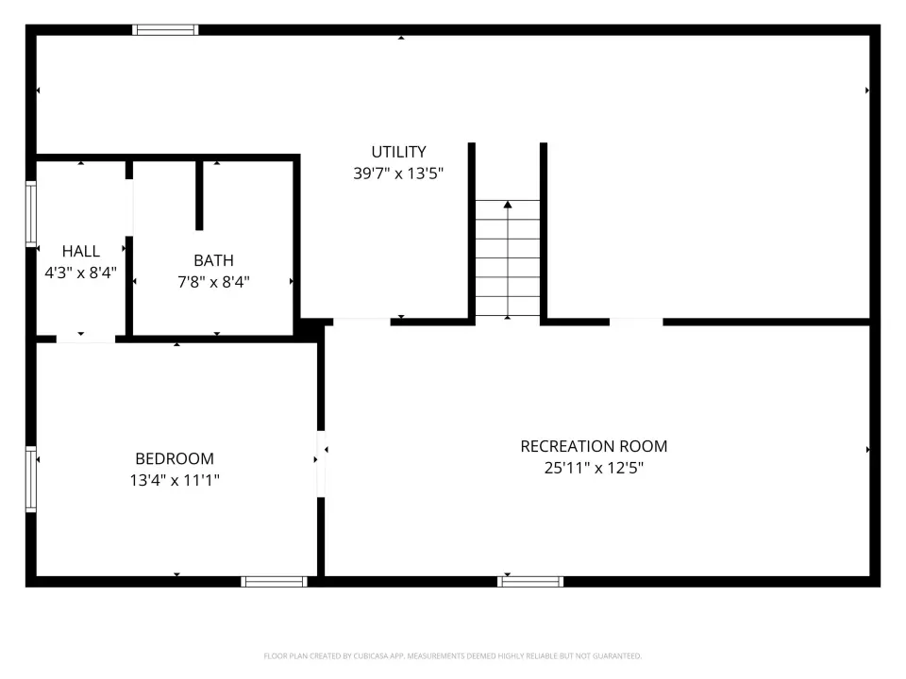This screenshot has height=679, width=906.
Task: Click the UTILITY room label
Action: pos(398,152)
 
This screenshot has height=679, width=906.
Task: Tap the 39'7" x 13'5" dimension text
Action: pos(398,174)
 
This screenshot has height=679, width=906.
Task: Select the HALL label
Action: pos(81,251)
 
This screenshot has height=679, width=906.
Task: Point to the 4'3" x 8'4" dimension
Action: pos(81,273)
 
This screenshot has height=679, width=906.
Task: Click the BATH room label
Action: pos(214,260)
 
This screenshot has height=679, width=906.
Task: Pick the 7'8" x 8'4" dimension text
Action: pos(214,282)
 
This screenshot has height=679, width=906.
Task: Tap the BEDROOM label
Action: pos(175,458)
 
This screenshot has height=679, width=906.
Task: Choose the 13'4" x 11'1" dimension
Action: pos(175,480)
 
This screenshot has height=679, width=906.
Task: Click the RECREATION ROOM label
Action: pos(594,446)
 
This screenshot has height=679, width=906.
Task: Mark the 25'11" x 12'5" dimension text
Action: pos(594,468)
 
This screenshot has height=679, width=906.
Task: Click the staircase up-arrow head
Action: pos(508,205)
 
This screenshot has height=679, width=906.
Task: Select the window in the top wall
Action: pos(165,30)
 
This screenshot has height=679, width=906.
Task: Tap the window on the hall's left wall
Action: pos(31,214)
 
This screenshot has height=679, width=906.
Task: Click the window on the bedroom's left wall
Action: pos(31,479)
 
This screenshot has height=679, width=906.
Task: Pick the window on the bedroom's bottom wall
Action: pos(274,582)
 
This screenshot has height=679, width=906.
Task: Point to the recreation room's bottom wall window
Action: pos(530,582)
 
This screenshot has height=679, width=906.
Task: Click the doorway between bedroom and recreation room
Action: pos(321,464)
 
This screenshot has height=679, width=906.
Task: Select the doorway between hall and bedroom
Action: pos(86,339)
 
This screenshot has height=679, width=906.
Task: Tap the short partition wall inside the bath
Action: pos(199,196)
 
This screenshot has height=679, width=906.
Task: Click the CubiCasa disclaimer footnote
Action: pos(452,656)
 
